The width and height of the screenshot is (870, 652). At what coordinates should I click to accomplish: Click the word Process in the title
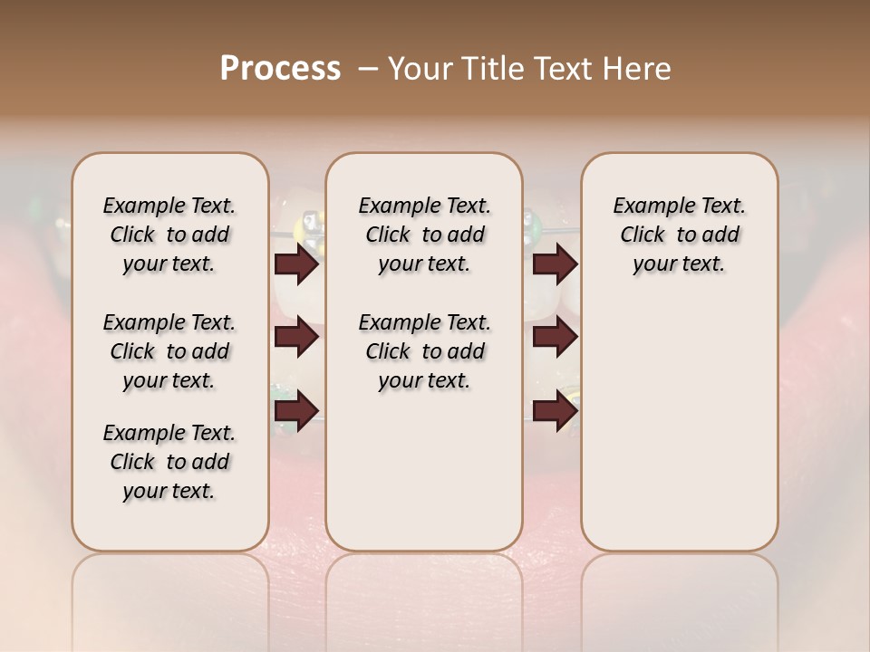click(x=280, y=69)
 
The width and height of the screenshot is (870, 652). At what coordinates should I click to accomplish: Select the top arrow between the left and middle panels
click(x=296, y=264)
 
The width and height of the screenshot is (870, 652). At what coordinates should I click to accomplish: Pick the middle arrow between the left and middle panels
click(x=296, y=337)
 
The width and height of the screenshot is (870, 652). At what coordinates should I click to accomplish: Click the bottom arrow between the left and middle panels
click(x=296, y=410)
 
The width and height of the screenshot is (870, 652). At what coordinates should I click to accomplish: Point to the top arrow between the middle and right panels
click(x=555, y=264)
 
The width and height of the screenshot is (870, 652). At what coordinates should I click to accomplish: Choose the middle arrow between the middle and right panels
click(x=555, y=337)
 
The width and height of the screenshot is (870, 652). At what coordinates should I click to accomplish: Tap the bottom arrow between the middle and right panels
click(x=555, y=410)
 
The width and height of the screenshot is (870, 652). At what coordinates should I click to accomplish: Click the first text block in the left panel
click(x=169, y=235)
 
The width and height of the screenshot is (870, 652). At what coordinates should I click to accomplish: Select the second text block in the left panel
click(x=169, y=351)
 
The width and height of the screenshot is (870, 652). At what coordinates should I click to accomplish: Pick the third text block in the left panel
click(x=169, y=462)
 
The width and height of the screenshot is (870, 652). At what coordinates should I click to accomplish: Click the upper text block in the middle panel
click(x=424, y=235)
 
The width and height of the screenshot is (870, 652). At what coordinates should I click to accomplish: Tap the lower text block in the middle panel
click(x=424, y=351)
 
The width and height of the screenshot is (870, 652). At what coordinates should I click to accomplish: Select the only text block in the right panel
click(x=679, y=235)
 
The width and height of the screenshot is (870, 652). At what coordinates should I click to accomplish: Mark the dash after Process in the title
click(x=367, y=69)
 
